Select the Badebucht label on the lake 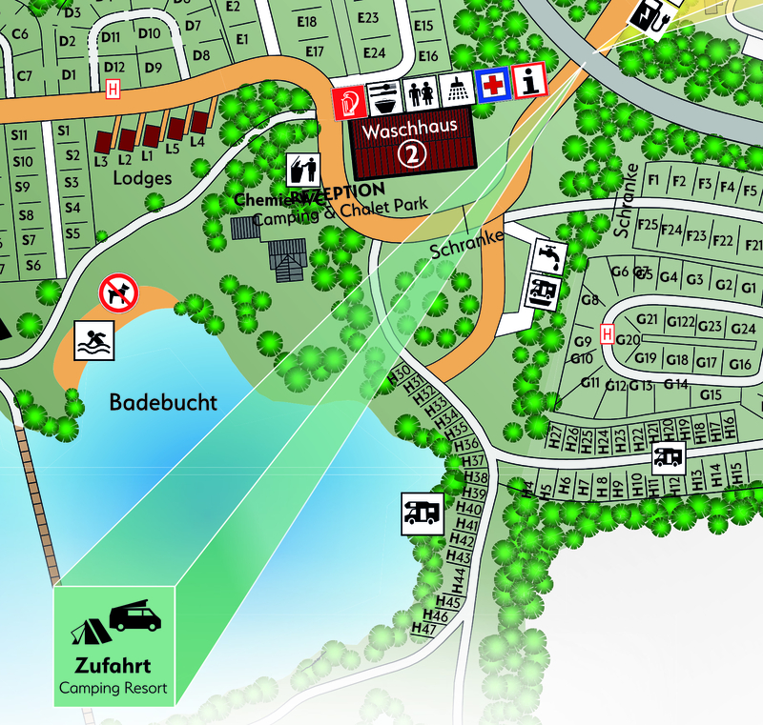pyautogui.click(x=163, y=402)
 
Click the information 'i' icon pyautogui.click(x=528, y=82)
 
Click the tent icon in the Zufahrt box pyautogui.click(x=86, y=631)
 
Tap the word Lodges pyautogui.click(x=142, y=178)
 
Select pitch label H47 pyautogui.click(x=424, y=630)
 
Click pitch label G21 pyautogui.click(x=648, y=319)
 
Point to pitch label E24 pyautogui.click(x=374, y=52)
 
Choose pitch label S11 pyautogui.click(x=19, y=134)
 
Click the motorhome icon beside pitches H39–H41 pyautogui.click(x=422, y=513)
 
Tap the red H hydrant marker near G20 pyautogui.click(x=607, y=333)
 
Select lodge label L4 pyautogui.click(x=197, y=140)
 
